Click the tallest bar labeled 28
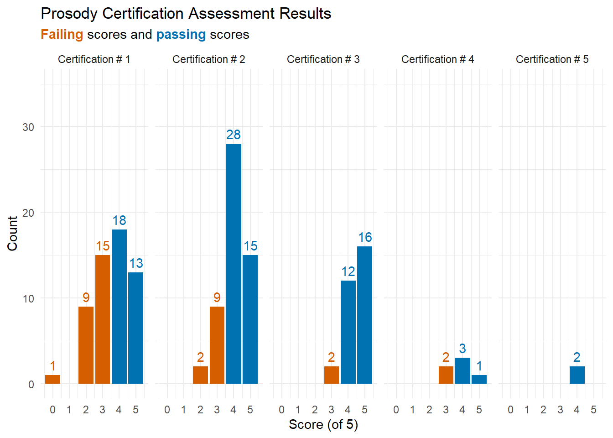pyautogui.click(x=234, y=264)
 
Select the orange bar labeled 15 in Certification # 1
pyautogui.click(x=103, y=319)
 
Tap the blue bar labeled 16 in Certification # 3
pyautogui.click(x=364, y=315)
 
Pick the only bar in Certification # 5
pyautogui.click(x=577, y=375)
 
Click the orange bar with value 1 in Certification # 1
pyautogui.click(x=52, y=380)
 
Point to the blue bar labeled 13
pyautogui.click(x=136, y=328)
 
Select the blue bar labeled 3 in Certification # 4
pyautogui.click(x=462, y=370)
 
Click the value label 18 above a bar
pyautogui.click(x=119, y=220)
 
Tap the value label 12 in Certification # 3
pyautogui.click(x=348, y=271)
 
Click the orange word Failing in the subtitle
pyautogui.click(x=62, y=35)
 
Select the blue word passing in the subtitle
pyautogui.click(x=181, y=35)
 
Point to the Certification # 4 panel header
pyautogui.click(x=437, y=59)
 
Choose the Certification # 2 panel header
pyautogui.click(x=208, y=59)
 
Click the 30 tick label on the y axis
pyautogui.click(x=28, y=127)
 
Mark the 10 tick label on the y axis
pyautogui.click(x=28, y=298)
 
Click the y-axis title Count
pyautogui.click(x=12, y=234)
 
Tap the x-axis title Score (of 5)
pyautogui.click(x=323, y=425)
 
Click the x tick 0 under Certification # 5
pyautogui.click(x=510, y=410)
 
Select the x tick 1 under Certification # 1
pyautogui.click(x=69, y=410)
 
